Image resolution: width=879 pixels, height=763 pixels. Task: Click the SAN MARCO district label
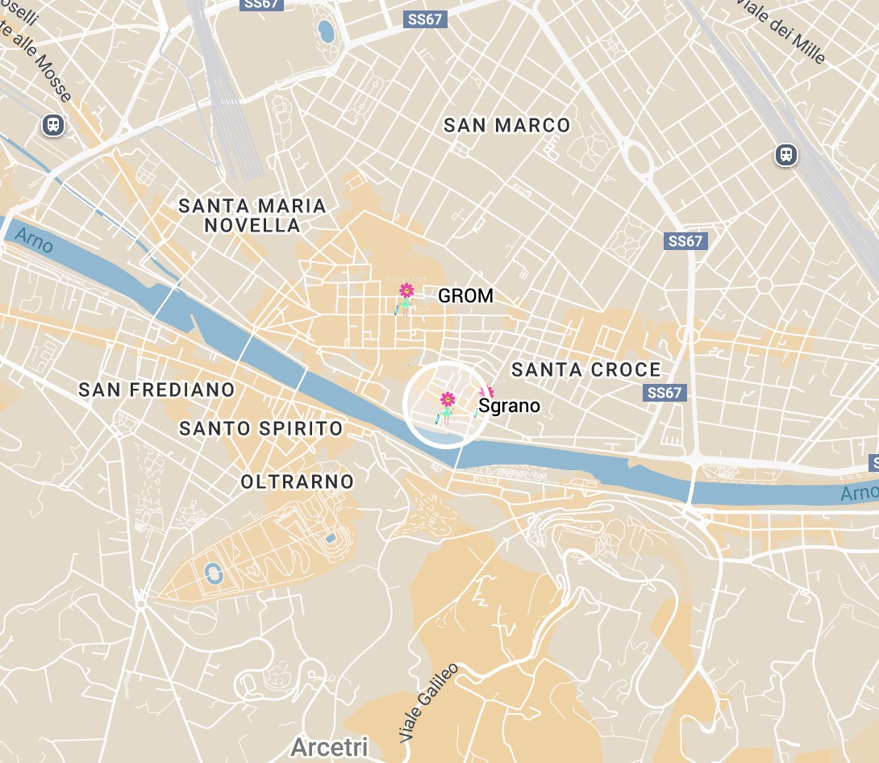506,125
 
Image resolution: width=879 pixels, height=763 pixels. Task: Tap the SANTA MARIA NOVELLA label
252,215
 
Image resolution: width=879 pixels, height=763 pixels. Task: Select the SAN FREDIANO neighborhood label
156,390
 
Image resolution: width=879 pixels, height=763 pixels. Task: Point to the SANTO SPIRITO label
260,428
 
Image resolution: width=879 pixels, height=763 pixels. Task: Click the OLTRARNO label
298,482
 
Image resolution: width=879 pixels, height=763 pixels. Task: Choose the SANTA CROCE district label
586,370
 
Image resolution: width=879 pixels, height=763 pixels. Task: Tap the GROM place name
465,296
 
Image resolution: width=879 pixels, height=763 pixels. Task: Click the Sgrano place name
509,406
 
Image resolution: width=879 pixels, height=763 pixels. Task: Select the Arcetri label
329,747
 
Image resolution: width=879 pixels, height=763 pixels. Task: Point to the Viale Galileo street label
429,703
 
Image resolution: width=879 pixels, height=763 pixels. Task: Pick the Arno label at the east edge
859,492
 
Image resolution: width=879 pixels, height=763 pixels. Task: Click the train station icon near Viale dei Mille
785,155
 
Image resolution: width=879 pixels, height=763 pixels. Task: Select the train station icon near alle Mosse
54,124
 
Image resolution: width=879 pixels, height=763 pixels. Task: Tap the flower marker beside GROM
406,292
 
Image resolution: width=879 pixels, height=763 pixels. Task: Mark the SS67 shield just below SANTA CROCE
664,393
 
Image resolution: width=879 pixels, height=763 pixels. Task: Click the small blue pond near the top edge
326,31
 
